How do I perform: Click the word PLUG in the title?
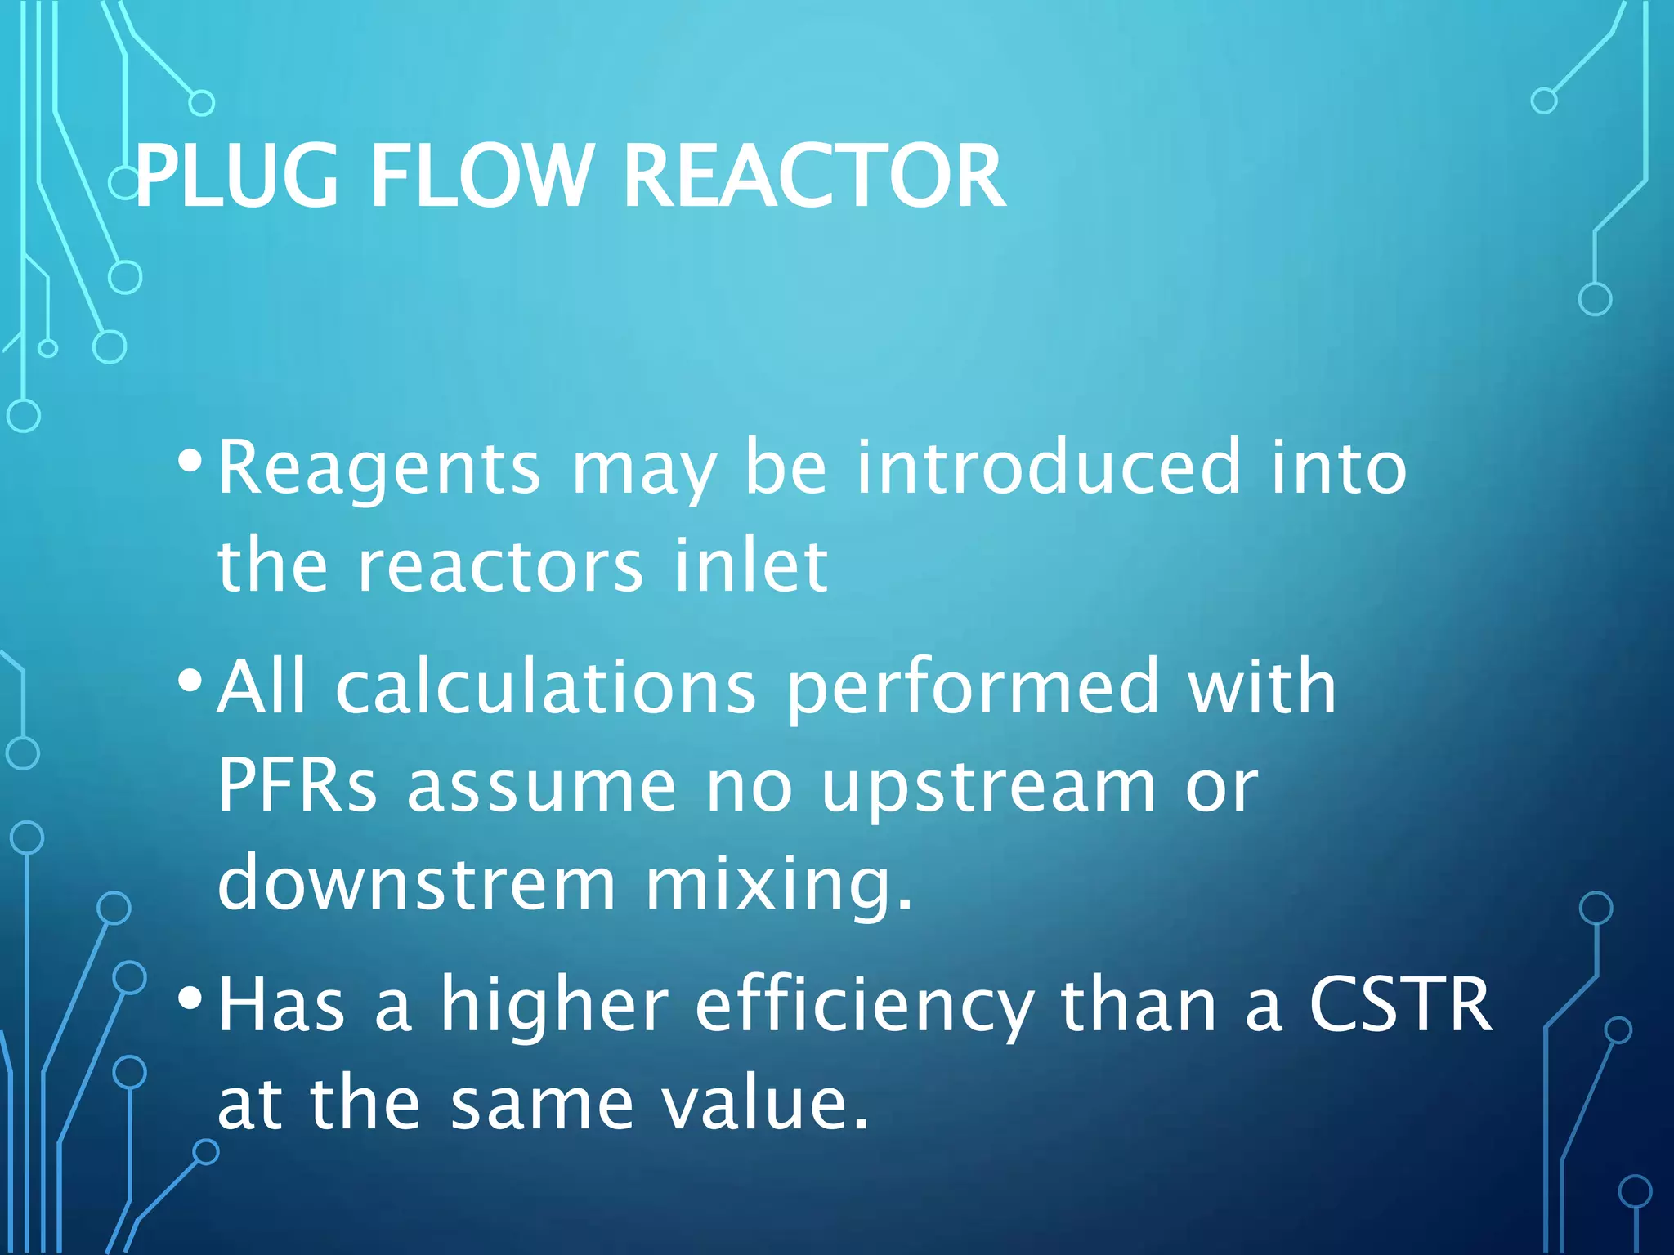[236, 176]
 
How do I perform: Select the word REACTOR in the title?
[814, 176]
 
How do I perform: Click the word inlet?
[750, 565]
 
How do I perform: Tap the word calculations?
[546, 686]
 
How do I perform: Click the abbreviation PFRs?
[298, 785]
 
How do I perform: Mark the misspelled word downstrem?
[416, 883]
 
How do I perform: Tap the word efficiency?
[864, 1007]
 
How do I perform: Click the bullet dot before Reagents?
[190, 462]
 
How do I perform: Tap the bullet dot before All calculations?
[190, 680]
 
